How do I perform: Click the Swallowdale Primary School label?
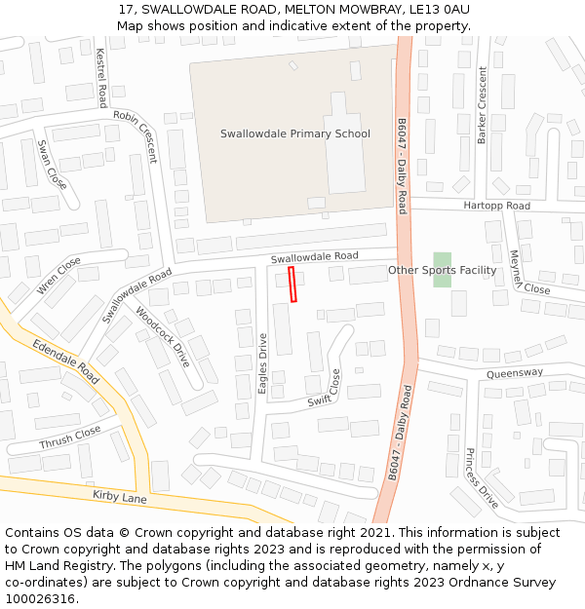[294, 133]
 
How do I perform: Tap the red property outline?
[292, 285]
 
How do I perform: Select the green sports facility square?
[443, 269]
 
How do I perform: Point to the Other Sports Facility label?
[442, 270]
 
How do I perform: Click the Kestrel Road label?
[100, 78]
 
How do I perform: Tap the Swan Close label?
[52, 164]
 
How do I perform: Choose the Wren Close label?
[58, 276]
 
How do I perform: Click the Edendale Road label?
[65, 361]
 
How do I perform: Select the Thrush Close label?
[69, 438]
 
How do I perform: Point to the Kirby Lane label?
[119, 497]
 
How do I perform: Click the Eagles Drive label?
[262, 362]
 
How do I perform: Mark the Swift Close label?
[326, 388]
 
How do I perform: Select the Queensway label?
[514, 372]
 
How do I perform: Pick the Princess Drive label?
[482, 477]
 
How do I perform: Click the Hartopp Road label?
[496, 207]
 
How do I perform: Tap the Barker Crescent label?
[482, 105]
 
